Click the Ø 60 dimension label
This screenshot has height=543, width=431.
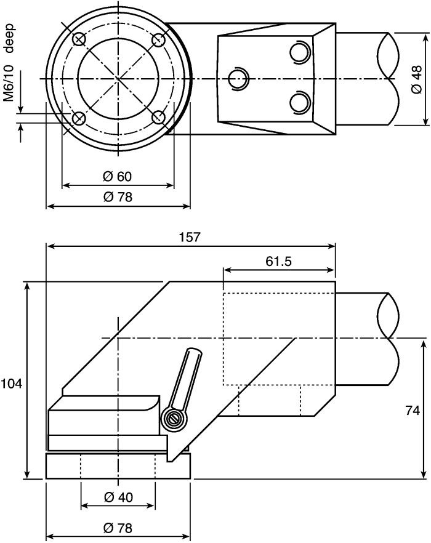click(118, 176)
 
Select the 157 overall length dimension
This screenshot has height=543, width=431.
click(190, 237)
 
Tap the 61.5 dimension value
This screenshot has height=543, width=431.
click(279, 261)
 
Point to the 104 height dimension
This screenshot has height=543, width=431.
click(11, 384)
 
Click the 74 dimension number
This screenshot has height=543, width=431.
click(413, 411)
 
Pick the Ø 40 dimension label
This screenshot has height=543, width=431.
click(118, 497)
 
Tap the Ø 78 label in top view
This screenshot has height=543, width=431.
click(118, 197)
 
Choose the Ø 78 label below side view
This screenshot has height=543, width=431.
click(118, 528)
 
